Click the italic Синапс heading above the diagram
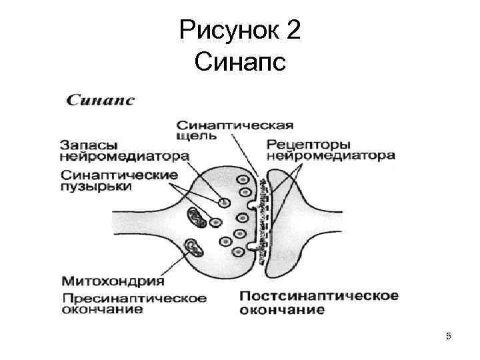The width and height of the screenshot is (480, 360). pyautogui.click(x=101, y=101)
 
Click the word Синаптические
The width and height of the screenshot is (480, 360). pyautogui.click(x=119, y=174)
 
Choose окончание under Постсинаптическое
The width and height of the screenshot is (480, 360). pyautogui.click(x=282, y=309)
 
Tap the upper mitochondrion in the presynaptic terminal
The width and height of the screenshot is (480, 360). pyautogui.click(x=198, y=217)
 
